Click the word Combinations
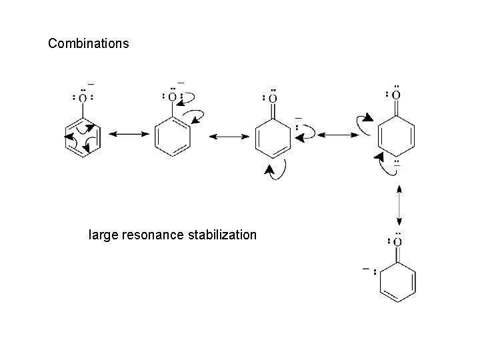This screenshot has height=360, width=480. click(x=89, y=45)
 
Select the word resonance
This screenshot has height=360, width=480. click(x=154, y=235)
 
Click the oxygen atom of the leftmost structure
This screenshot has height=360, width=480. click(x=82, y=98)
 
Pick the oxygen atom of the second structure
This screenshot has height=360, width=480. click(x=172, y=97)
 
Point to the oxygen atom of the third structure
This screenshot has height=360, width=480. click(x=273, y=98)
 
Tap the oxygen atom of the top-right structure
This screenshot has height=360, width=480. click(x=397, y=95)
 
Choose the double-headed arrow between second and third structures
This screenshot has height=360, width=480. click(x=229, y=135)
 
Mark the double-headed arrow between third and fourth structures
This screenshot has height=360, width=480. click(x=338, y=135)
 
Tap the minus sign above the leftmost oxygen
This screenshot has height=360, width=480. click(x=91, y=85)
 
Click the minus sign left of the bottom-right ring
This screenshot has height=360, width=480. click(x=365, y=269)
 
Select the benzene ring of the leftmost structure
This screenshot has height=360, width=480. click(x=82, y=137)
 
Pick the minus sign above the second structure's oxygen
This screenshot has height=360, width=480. click(x=181, y=83)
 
